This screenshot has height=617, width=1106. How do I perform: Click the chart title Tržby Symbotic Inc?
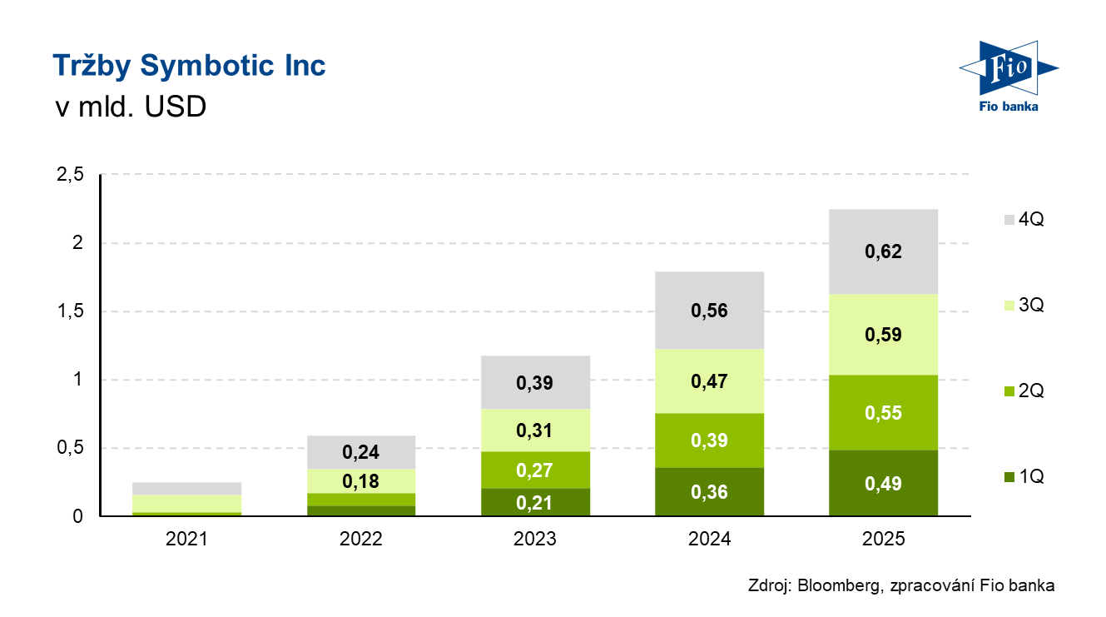click(x=189, y=66)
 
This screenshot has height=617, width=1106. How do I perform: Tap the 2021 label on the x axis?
click(x=186, y=540)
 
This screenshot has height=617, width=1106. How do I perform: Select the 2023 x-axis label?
click(x=535, y=540)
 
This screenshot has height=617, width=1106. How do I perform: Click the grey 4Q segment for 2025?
click(x=883, y=251)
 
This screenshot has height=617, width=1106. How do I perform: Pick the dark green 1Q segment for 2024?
click(x=709, y=491)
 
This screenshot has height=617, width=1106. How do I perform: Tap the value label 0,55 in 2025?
click(x=883, y=413)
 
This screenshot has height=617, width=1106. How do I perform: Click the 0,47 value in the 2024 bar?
click(x=709, y=382)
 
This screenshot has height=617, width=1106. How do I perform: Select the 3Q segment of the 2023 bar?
click(x=535, y=430)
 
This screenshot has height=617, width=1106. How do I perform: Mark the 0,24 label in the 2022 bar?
click(x=360, y=453)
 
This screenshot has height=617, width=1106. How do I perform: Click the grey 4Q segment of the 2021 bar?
click(x=186, y=488)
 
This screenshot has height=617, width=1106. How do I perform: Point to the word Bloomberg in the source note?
click(x=836, y=586)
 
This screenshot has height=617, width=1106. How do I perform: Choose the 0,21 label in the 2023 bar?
click(x=535, y=502)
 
